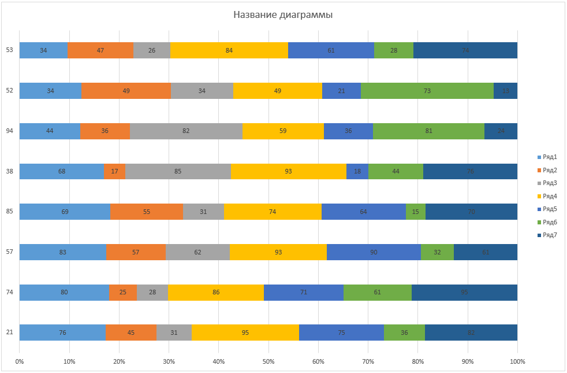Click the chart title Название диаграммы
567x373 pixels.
(283, 14)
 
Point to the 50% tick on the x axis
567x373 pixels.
(268, 361)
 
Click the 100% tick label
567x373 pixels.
(517, 361)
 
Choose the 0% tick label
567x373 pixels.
(20, 361)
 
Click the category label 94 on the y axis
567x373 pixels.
(10, 131)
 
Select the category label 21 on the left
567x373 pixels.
(10, 333)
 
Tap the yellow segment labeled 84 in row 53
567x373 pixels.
(229, 50)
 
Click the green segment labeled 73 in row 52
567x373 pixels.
(427, 91)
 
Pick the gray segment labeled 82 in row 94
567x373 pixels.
(186, 131)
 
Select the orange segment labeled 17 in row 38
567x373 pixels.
(114, 171)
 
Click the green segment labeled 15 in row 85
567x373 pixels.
(416, 212)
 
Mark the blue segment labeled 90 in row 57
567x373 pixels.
(374, 252)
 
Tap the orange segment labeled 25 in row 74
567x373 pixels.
(123, 293)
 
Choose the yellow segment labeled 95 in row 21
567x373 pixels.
(245, 333)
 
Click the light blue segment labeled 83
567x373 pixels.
(63, 252)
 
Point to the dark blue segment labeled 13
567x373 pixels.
(506, 91)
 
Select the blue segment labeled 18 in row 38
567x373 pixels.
(357, 171)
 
